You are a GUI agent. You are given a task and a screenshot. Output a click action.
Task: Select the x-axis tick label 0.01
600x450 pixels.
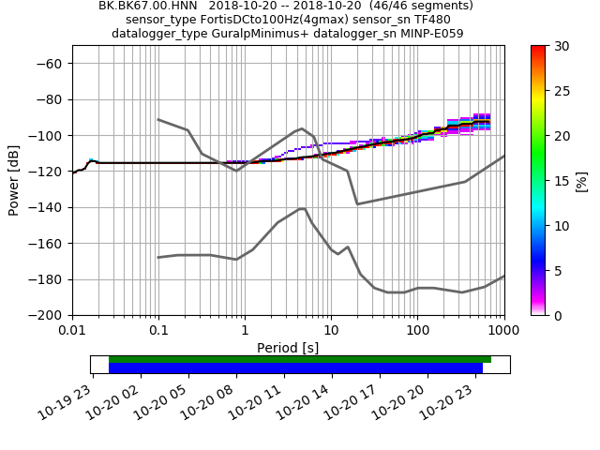72,330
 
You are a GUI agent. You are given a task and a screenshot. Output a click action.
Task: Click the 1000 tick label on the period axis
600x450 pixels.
503,330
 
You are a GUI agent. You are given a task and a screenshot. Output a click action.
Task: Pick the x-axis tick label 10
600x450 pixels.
331,330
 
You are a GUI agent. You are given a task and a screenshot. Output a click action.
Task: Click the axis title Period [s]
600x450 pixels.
288,348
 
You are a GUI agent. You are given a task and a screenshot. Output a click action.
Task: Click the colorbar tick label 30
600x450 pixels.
562,46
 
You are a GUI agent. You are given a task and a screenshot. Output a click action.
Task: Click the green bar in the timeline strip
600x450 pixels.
300,359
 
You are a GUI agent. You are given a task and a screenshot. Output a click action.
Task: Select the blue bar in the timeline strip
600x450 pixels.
295,368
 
